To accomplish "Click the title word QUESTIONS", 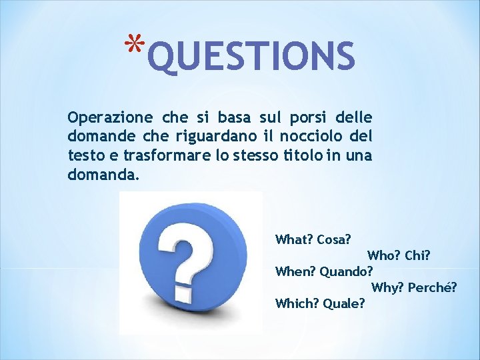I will coord(251,57).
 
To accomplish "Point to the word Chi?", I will coord(418,255).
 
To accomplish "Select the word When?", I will coord(295,271).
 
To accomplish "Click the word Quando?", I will coord(347,272).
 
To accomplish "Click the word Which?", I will coord(297,304).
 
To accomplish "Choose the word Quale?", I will coord(344,304).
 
